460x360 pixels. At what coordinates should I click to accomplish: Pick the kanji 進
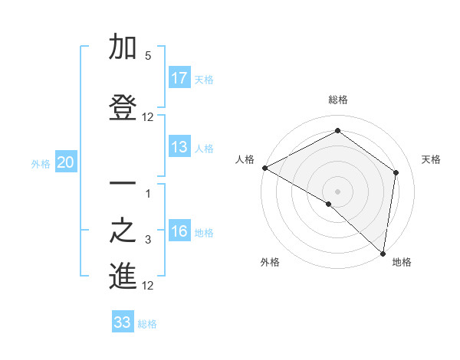123,277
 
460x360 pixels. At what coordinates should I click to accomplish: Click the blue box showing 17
179,78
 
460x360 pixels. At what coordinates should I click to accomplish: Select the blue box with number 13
179,147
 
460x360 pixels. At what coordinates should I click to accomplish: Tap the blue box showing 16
179,232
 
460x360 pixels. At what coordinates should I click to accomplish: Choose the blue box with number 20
66,162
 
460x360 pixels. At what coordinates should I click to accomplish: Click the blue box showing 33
123,322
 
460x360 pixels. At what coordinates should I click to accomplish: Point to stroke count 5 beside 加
148,56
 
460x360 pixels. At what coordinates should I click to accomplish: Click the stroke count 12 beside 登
148,117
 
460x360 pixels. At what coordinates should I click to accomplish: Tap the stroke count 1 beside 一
148,193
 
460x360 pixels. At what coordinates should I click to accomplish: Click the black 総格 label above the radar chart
338,100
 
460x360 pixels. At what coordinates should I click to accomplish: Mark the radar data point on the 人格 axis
264,168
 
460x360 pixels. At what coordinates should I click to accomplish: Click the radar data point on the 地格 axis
383,253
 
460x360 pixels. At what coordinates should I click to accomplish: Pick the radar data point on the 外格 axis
329,204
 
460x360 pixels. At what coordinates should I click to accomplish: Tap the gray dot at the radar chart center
338,191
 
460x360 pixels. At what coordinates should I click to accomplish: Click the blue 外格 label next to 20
41,163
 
